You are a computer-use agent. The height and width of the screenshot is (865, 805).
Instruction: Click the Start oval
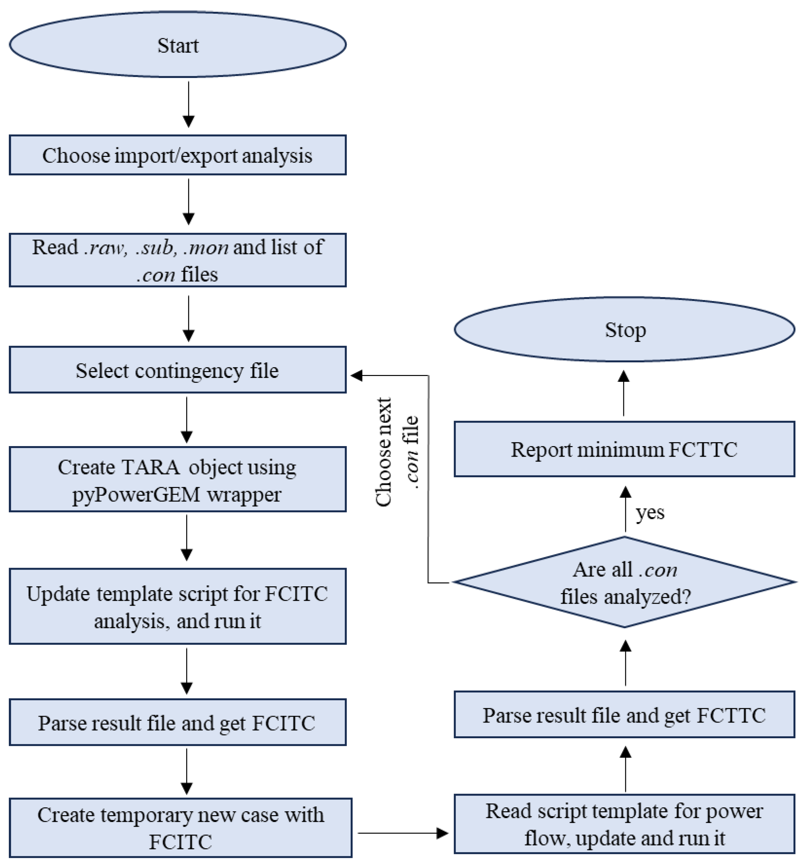pyautogui.click(x=177, y=45)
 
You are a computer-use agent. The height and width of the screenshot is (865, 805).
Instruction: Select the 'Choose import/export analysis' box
pyautogui.click(x=177, y=155)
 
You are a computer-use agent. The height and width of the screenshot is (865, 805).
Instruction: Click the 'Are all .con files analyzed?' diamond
pyautogui.click(x=625, y=582)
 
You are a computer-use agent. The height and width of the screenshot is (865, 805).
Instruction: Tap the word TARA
pyautogui.click(x=151, y=467)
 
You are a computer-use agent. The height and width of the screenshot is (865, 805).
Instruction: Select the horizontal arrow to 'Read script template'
pyautogui.click(x=402, y=833)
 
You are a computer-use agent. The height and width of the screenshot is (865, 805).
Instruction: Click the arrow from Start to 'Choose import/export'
pyautogui.click(x=188, y=104)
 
